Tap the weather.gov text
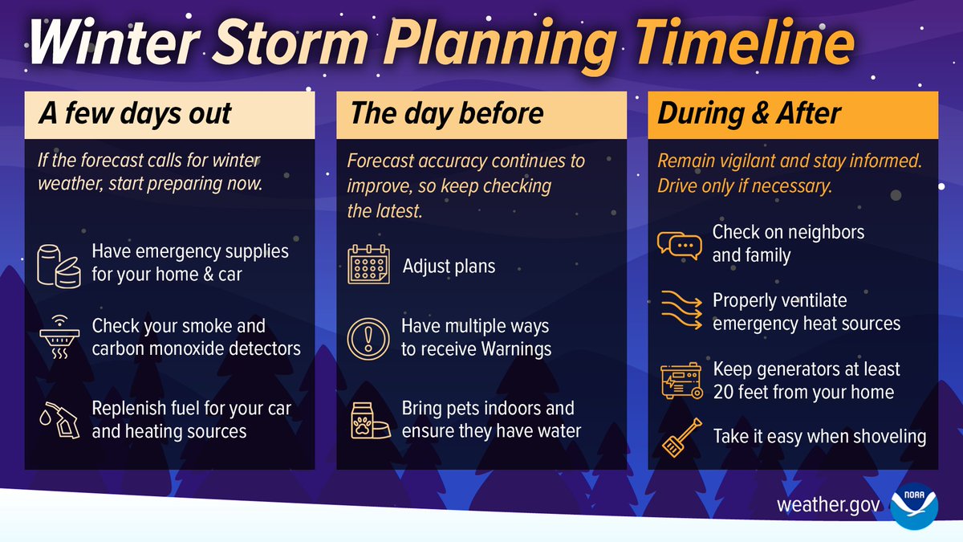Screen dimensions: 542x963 828,507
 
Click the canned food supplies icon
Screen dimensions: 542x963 61,263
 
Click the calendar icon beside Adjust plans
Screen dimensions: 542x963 368,265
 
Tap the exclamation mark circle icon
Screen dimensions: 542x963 368,338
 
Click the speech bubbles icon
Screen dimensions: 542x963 679,244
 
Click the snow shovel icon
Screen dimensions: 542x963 677,438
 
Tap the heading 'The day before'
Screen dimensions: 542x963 446,113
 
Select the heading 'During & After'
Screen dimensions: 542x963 749,113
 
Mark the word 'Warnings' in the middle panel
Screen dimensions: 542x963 517,349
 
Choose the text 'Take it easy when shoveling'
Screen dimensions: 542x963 819,437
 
